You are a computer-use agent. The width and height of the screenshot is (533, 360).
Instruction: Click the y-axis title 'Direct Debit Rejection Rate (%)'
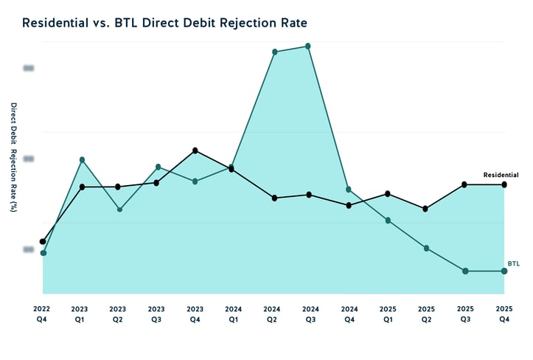pos(13,156)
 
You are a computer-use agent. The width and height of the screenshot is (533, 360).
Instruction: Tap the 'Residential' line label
pos(501,175)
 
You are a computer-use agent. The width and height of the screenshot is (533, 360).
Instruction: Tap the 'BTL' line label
pos(513,263)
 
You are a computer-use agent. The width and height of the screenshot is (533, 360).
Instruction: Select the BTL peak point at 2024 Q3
pos(307,46)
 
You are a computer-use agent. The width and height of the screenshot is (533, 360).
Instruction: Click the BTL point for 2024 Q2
pos(274,52)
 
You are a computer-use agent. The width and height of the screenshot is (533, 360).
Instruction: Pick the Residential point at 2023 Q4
pos(195,150)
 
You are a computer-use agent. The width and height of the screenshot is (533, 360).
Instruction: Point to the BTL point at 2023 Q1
pos(82,159)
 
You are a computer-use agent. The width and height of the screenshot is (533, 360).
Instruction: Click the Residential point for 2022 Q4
pos(43,241)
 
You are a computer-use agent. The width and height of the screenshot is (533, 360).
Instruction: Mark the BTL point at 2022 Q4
pos(43,253)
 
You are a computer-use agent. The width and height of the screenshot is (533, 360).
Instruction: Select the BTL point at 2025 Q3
pos(465,271)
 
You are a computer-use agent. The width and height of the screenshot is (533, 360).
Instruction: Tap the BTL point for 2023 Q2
pos(119,210)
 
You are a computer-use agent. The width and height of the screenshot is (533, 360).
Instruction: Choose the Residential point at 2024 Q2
pos(274,198)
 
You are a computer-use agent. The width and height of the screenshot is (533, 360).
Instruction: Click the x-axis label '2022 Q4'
pos(41,314)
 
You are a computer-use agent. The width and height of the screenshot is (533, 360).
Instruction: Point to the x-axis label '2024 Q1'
pos(233,314)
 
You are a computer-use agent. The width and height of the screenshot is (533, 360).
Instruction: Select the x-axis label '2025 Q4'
pos(504,314)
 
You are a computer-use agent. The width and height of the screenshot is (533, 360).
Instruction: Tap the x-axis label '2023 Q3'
pos(156,314)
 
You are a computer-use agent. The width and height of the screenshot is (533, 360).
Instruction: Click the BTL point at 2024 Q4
pos(349,190)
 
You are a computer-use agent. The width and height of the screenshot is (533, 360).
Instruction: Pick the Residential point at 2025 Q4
pos(504,184)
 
